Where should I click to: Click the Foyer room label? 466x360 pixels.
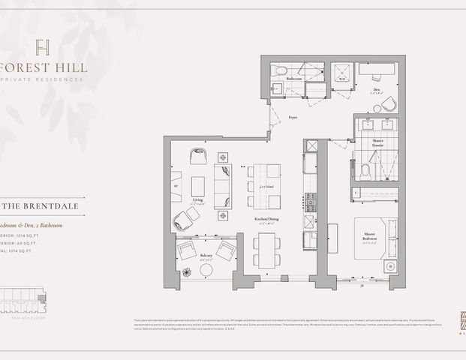[292, 118]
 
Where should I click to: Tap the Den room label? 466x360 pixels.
[377, 89]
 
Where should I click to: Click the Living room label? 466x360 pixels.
[198, 201]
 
